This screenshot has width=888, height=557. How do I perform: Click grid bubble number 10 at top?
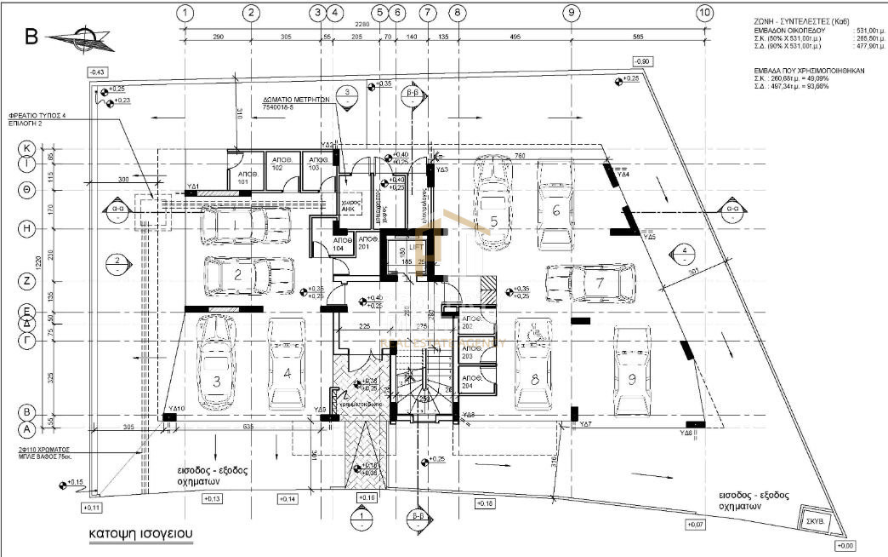[703, 13]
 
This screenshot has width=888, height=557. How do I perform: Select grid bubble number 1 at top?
[186, 13]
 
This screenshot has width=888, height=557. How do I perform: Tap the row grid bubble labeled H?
[27, 228]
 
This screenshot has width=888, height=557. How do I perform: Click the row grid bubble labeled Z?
[27, 279]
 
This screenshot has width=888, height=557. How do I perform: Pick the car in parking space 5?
[493, 204]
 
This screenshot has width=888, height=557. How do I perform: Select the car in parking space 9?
[632, 368]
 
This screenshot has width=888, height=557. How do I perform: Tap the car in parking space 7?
[592, 283]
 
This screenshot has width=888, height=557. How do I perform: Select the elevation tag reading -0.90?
[642, 62]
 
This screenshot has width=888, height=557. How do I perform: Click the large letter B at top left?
[31, 37]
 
